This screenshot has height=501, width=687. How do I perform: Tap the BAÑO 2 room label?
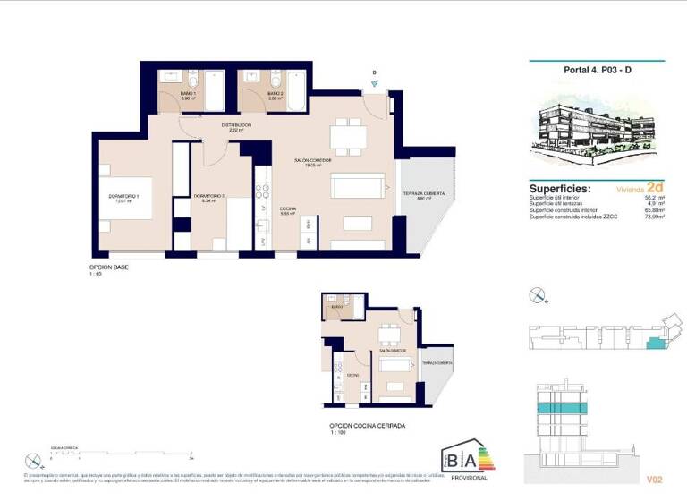pos(276,93)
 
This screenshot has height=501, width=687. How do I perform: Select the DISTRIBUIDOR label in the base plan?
pos(237,126)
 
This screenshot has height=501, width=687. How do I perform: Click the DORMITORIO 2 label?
pos(208,197)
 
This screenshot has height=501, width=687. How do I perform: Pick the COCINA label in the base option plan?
pos(288,210)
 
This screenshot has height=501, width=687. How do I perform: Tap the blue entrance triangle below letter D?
pos(374,83)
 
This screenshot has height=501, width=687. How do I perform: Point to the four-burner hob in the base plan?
pos(263,191)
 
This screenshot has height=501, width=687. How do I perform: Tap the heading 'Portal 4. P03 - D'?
pos(597,71)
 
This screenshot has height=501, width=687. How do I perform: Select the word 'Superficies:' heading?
pos(560,190)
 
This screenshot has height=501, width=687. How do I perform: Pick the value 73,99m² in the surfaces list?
pos(653,216)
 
